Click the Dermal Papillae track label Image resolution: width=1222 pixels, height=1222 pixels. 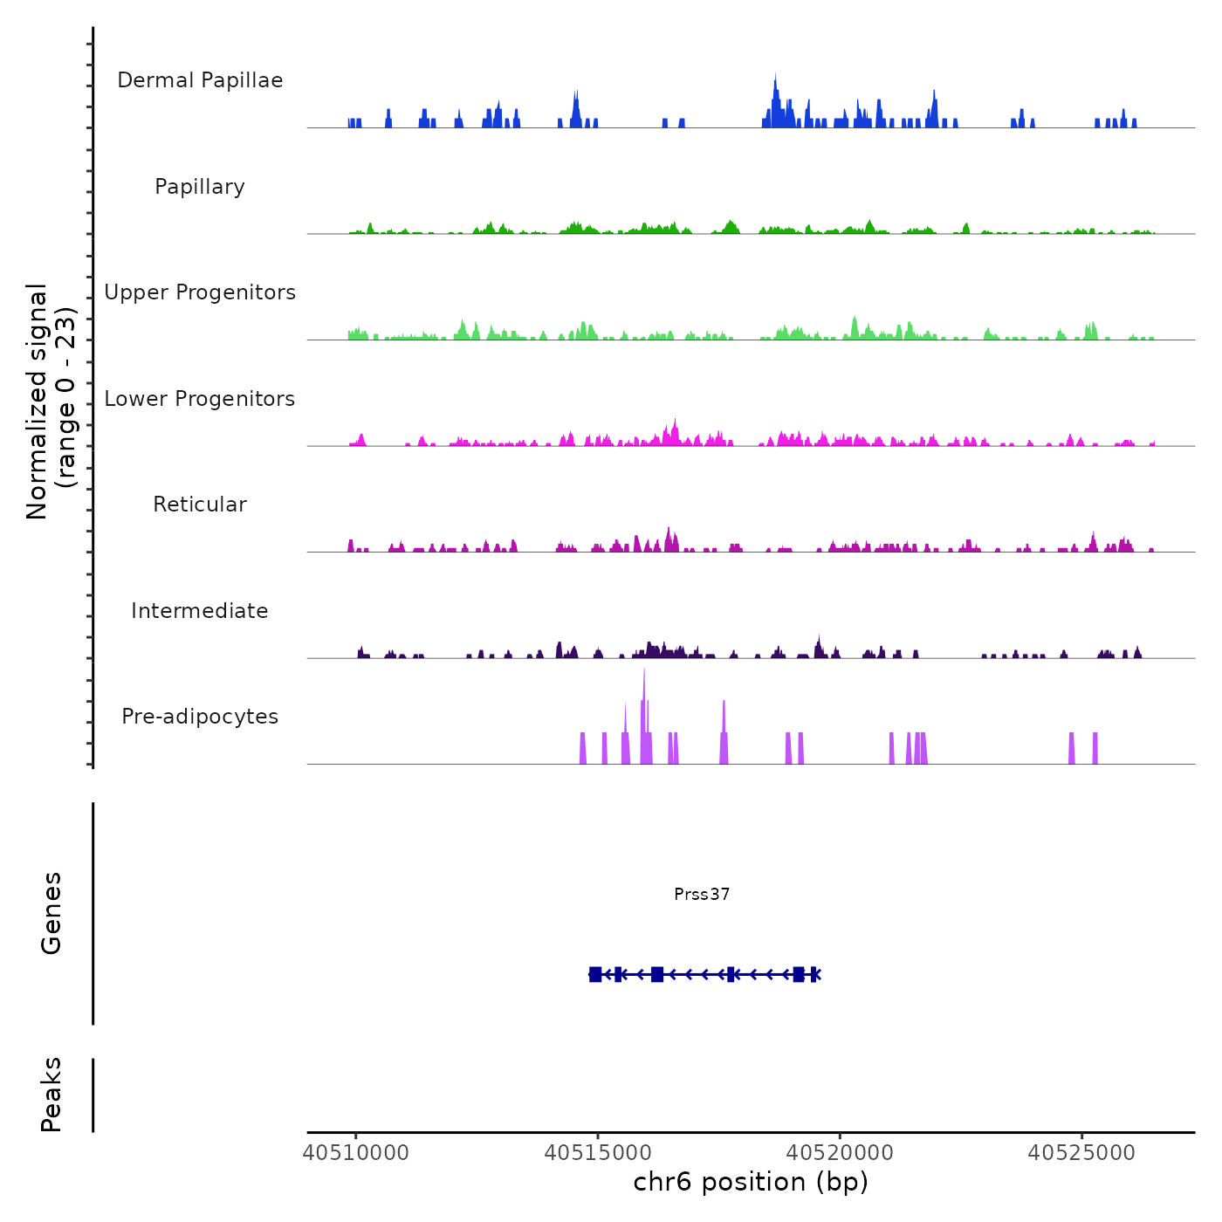200,80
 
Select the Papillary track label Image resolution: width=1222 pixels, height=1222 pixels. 200,187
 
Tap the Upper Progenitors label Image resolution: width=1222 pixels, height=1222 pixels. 200,292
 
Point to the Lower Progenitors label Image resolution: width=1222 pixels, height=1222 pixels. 200,399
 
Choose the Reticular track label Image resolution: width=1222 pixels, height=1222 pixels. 200,505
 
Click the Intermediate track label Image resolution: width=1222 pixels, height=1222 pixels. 200,611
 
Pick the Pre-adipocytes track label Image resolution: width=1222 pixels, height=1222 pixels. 200,717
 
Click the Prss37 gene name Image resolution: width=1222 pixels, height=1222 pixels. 702,894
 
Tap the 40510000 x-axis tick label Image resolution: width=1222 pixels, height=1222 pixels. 356,1153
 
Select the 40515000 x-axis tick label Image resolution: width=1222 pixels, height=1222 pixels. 598,1153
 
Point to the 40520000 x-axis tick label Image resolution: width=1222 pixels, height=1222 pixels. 840,1153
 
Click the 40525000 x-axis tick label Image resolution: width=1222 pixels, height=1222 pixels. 1081,1153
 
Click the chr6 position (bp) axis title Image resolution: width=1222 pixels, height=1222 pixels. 751,1182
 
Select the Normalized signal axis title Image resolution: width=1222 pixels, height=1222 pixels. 51,401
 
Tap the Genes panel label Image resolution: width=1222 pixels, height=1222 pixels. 51,913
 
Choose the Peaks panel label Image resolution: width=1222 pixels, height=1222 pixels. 51,1095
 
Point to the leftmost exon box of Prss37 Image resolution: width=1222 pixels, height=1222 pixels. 595,974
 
